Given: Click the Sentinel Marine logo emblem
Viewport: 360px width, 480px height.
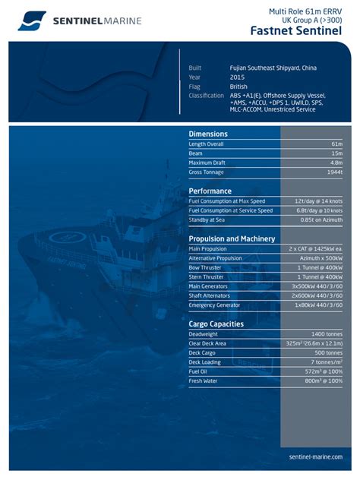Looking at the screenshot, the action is click(x=33, y=21).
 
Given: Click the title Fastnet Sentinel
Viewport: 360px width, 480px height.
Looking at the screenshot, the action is click(x=296, y=30).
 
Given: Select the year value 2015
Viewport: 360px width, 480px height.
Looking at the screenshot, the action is click(x=237, y=77).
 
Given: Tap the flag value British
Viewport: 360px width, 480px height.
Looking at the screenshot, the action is click(x=238, y=87).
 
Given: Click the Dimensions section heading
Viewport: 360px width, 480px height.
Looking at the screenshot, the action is click(x=208, y=134).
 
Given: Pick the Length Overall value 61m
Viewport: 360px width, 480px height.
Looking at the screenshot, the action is click(x=337, y=144).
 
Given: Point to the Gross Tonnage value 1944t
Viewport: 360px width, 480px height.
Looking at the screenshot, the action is click(x=334, y=172).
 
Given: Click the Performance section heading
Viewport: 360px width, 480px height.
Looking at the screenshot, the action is click(x=210, y=191).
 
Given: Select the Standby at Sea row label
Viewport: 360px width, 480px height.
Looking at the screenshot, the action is click(x=207, y=220).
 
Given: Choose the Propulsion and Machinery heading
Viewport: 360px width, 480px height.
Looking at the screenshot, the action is click(x=232, y=238).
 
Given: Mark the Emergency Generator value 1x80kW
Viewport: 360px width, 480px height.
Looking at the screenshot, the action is click(x=318, y=305).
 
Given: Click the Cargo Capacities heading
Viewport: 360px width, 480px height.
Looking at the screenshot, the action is click(x=216, y=324).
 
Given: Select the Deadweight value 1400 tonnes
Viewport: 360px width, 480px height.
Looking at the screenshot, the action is click(x=327, y=333).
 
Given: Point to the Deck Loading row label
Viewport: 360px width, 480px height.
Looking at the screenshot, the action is click(x=205, y=362).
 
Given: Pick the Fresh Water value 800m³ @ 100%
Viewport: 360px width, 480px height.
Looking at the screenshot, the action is click(x=322, y=381).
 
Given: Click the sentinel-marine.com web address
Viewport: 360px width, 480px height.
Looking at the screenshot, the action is click(x=316, y=456).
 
